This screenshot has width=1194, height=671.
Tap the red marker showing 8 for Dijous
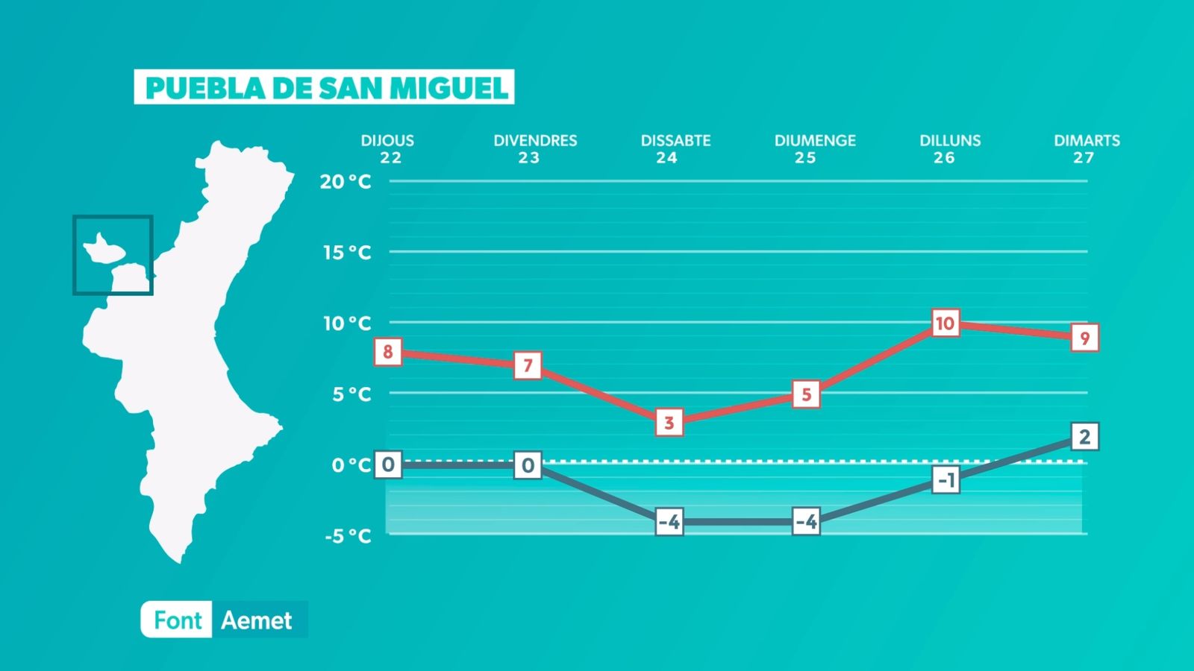pos(387,352)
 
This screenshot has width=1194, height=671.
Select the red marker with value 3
pos(669,423)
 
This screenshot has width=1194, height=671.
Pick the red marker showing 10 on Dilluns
pos(945,324)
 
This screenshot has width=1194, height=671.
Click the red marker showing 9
pos(1084,338)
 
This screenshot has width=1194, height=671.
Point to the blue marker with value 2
pos(1084,436)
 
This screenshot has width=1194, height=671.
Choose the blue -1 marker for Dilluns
pos(945,480)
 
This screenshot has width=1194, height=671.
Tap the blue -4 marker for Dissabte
pos(669,522)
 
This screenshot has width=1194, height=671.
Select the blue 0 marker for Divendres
pos(528,466)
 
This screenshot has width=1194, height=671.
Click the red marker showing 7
pos(528,365)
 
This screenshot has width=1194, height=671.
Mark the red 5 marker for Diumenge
pos(806,394)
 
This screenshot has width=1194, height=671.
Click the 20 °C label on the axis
pos(346,182)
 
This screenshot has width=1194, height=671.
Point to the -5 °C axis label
pos(348,536)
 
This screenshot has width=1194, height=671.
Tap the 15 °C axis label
pos(347,253)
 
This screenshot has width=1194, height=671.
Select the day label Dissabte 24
pos(675,148)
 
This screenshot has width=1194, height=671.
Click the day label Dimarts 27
pos(1086,148)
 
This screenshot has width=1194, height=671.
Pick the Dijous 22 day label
pos(387,148)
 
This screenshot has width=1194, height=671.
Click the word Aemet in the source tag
pos(257,620)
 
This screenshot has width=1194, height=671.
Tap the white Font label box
pos(177,620)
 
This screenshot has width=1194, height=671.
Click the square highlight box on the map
pos(113,255)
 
